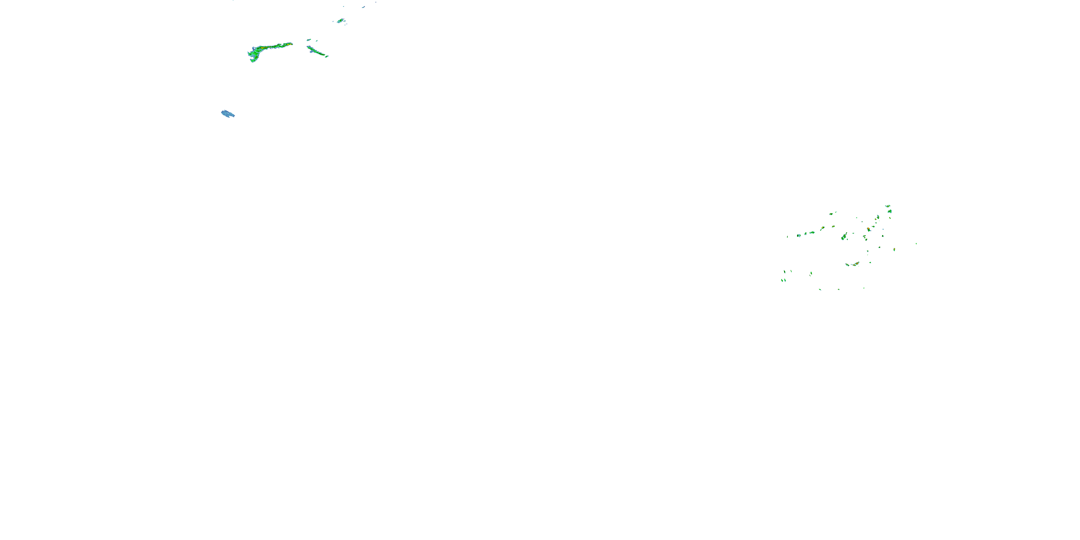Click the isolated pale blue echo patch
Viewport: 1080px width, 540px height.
tap(228, 114)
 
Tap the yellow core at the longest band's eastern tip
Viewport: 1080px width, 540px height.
tap(289, 44)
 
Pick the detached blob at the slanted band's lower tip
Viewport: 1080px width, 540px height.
tap(327, 56)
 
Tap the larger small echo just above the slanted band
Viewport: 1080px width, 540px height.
tap(309, 40)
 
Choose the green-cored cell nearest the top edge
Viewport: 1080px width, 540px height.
tap(341, 20)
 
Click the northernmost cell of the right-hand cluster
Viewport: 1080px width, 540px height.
tap(887, 206)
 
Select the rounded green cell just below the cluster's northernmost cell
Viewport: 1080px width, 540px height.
tap(890, 211)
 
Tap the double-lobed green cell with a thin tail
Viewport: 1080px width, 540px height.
tap(843, 237)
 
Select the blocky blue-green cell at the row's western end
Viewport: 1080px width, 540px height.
tap(799, 236)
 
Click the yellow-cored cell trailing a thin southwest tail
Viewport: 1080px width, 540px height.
tap(822, 229)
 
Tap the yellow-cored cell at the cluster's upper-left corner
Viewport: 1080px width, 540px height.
tap(831, 214)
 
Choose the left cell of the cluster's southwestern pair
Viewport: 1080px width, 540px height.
tap(782, 280)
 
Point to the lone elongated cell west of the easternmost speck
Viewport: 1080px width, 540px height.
tap(894, 249)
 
